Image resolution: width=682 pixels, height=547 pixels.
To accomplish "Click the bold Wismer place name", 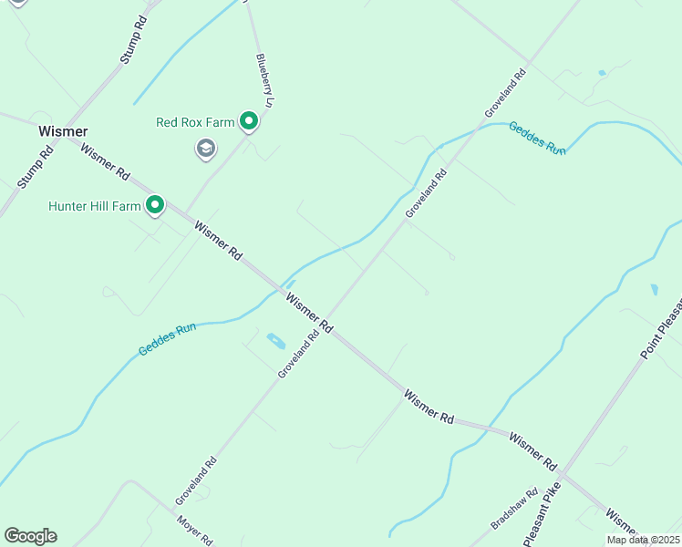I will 63,131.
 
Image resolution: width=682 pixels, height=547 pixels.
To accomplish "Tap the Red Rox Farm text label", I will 196,121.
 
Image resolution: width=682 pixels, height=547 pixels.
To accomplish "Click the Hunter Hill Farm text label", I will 95,206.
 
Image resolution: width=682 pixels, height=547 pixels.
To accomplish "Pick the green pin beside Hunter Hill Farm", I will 155,205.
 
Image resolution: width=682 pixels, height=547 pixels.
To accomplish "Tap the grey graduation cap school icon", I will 206,148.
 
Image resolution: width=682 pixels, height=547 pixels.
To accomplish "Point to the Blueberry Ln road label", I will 264,80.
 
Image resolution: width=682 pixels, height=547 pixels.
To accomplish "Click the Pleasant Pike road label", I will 546,518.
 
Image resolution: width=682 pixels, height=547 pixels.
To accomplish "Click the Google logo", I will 30,536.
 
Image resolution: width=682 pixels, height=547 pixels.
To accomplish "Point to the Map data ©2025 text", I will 643,540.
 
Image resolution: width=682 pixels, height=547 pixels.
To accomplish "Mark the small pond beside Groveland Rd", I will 275,343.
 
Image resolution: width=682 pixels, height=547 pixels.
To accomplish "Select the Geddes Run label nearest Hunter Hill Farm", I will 168,338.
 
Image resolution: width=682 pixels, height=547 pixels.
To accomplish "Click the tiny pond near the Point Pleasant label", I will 655,290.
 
